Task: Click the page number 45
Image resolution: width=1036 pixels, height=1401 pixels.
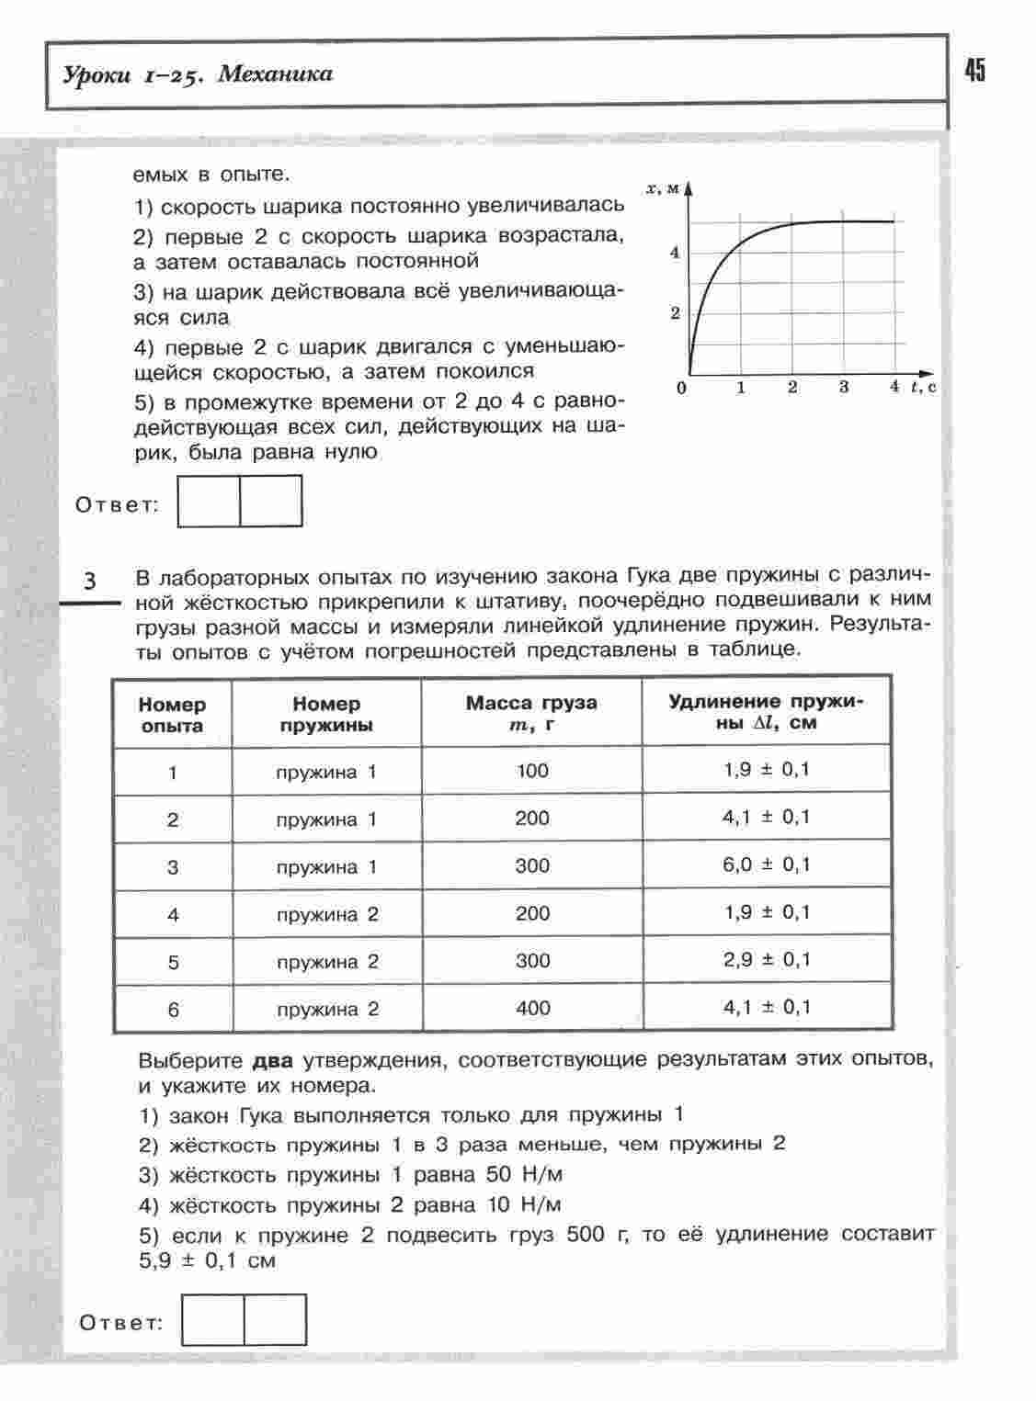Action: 975,70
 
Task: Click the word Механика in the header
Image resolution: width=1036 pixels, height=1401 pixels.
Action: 276,74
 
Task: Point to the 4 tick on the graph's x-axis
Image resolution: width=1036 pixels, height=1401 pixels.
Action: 894,387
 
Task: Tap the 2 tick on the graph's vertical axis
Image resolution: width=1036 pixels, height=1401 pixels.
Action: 675,313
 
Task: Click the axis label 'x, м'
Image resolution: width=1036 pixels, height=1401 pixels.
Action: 662,188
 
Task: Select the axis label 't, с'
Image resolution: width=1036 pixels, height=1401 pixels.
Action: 923,387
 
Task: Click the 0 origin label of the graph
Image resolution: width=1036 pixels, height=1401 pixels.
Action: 681,388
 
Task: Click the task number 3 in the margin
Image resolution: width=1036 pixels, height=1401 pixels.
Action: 89,582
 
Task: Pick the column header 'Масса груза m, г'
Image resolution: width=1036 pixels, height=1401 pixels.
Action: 531,713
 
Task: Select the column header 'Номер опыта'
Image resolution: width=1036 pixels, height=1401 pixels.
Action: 173,715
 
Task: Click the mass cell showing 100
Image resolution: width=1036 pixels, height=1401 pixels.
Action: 532,771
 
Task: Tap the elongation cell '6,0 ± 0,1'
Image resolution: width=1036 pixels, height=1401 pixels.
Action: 767,864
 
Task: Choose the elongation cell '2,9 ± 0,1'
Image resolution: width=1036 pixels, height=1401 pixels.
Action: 767,960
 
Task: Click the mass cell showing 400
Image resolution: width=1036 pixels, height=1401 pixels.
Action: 533,1008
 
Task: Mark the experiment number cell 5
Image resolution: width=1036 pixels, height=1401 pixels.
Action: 173,962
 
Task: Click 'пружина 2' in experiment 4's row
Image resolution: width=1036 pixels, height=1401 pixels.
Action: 327,914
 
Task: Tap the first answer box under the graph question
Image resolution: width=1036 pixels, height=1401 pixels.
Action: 209,501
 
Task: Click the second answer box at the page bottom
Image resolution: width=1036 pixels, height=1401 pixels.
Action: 275,1319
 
